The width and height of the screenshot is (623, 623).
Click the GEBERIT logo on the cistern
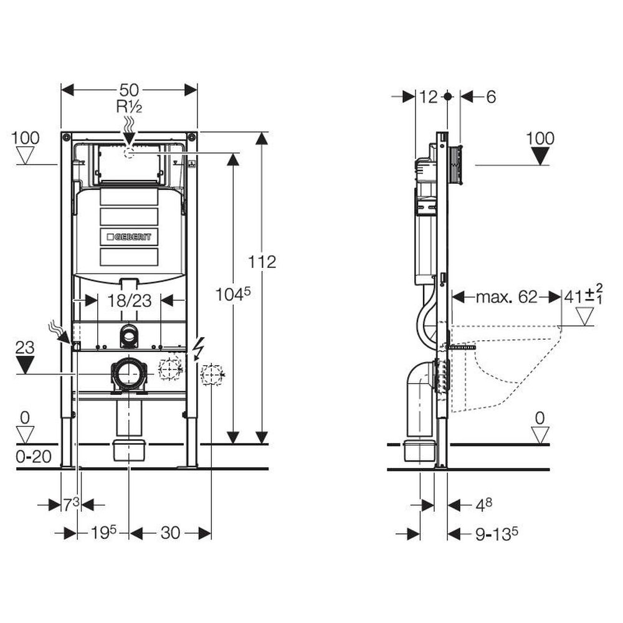pos(129,237)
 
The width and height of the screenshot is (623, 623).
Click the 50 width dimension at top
pos(129,90)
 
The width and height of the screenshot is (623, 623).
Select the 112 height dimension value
pos(262,262)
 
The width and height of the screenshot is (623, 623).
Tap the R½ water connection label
pos(129,107)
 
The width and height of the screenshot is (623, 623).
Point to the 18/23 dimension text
pos(130,301)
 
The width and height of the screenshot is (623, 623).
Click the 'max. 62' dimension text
pos(506,297)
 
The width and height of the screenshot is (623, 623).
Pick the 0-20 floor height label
pos(34,457)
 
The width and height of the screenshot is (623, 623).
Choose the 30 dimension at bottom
pos(170,533)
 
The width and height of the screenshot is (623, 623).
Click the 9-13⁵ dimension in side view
pos(497,534)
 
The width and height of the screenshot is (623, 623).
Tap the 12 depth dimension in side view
pos(429,97)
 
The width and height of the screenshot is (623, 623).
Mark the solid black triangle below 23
pos(25,364)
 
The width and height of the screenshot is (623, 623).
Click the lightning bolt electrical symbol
pos(198,349)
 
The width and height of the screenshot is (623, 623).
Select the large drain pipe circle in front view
pos(129,374)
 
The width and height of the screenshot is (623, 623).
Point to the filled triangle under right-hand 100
pos(540,156)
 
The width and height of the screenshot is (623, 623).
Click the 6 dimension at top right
pos(491,97)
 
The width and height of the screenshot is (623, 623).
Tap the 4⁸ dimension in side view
pos(484,505)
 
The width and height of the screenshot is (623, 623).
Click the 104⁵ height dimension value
pos(233,295)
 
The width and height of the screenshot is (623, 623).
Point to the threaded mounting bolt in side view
pos(462,347)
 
